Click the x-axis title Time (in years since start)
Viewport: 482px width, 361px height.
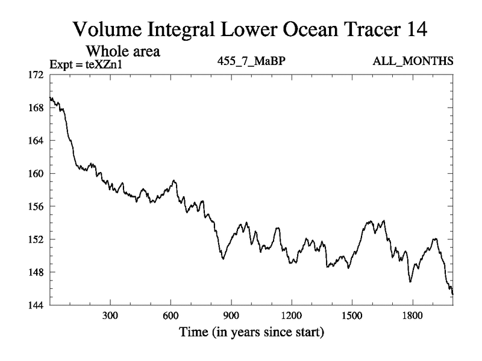pos(251,332)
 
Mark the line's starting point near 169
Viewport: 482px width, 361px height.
pos(51,98)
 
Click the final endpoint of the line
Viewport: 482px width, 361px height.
pos(452,294)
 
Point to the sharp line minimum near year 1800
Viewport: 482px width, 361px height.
pos(410,282)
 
